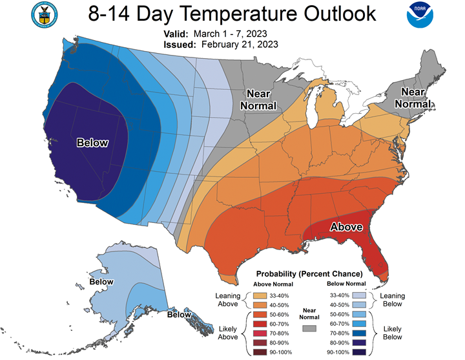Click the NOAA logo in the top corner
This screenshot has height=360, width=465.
coord(420,15)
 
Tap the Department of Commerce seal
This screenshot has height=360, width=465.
coord(44,15)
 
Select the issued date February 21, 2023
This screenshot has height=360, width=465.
coord(240,45)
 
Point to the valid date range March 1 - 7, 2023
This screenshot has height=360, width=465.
coord(230,34)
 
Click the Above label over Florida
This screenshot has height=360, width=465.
coord(346,227)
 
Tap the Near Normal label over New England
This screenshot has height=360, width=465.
coord(413,98)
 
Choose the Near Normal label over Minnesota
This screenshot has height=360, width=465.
coord(258,100)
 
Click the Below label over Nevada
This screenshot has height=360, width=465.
coord(92,143)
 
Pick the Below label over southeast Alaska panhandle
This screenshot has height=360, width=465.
coord(179,315)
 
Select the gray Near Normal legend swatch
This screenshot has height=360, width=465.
coord(309,328)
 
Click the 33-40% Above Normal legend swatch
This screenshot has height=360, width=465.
coord(260,295)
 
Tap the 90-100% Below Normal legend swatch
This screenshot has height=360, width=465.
coord(359,352)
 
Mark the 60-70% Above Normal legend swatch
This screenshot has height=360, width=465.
coord(260,324)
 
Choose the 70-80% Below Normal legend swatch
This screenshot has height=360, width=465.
coord(359,334)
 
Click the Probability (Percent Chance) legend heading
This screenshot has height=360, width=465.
coord(309,273)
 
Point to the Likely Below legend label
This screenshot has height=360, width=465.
coord(393,333)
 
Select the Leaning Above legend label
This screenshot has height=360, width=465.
coord(228,300)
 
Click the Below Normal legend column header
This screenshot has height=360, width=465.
coord(346,284)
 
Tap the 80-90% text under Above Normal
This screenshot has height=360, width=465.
coord(279,343)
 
